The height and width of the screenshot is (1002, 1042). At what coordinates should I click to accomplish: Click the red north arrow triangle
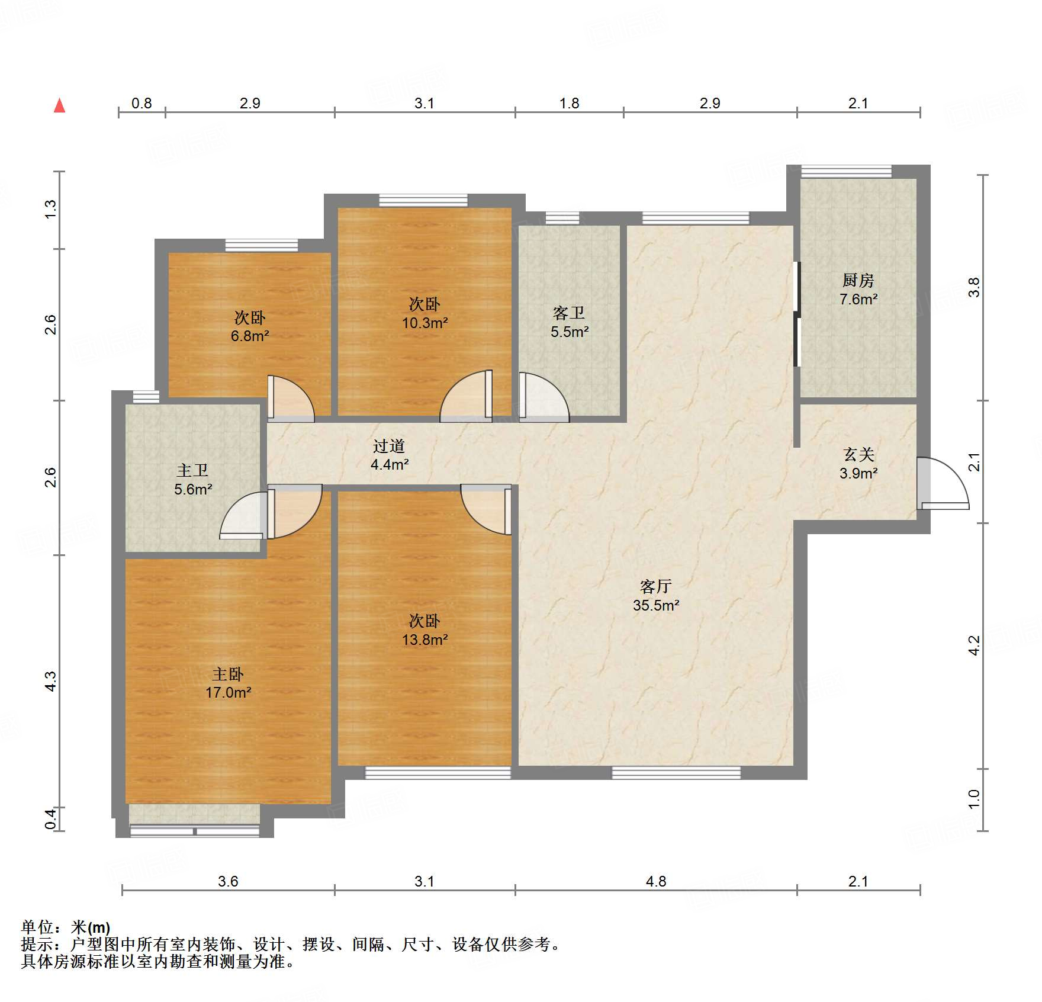click(59, 106)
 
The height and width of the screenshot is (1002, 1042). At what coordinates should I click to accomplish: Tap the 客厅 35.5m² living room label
click(655, 596)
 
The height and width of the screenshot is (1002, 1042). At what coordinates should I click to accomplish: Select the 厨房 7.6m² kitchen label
click(858, 290)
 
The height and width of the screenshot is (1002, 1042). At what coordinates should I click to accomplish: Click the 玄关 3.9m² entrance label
click(858, 464)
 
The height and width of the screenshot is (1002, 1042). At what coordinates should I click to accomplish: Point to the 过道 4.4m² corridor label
click(389, 455)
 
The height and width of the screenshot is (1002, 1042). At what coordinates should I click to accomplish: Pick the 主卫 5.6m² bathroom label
click(192, 480)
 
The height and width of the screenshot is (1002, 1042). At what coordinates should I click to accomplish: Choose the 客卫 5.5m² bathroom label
click(569, 322)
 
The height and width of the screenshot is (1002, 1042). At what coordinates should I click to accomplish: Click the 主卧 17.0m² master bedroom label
click(228, 683)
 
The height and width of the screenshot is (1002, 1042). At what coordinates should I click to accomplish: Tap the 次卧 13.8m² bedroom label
click(424, 630)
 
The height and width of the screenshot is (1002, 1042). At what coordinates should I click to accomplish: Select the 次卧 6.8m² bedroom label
click(249, 327)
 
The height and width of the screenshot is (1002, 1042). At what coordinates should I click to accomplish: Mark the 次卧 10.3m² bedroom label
click(424, 313)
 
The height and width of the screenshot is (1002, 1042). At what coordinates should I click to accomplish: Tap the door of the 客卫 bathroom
click(542, 397)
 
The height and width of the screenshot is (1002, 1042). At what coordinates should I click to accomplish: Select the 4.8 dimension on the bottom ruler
click(655, 881)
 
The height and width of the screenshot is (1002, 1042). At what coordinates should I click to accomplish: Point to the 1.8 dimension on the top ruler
click(569, 104)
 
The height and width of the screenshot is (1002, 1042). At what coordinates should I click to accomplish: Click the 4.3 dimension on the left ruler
click(51, 681)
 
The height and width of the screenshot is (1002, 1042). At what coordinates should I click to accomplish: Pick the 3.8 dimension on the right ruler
click(974, 287)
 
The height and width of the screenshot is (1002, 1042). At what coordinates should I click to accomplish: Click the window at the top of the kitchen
click(845, 171)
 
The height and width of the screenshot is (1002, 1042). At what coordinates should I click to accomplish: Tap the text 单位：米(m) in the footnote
click(66, 927)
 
